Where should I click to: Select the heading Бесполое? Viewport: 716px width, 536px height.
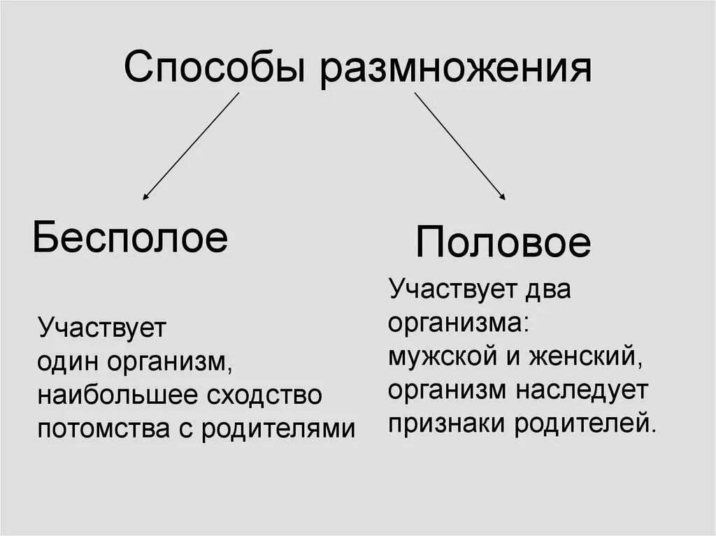click(x=130, y=238)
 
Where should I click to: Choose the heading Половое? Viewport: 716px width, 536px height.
click(x=503, y=243)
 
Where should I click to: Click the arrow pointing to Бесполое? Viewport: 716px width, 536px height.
click(x=190, y=147)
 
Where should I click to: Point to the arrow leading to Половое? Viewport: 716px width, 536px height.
click(x=459, y=147)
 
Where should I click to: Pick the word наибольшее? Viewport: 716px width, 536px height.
click(x=119, y=396)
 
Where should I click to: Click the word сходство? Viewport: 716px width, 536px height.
click(x=266, y=396)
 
